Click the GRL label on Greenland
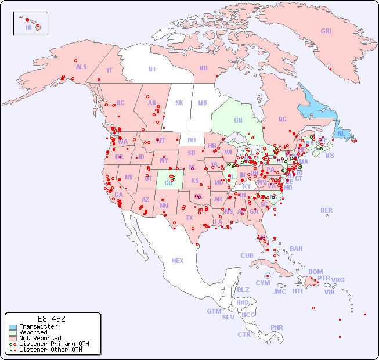coord(327,31)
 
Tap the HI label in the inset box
coord(28,27)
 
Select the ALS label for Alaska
coord(81,67)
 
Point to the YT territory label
coord(109,70)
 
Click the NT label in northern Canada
coord(152,69)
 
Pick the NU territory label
coord(203,68)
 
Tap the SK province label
coord(179,103)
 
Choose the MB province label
coord(203,103)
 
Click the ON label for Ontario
coord(238,121)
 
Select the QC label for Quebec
coord(282,119)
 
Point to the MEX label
coord(178,261)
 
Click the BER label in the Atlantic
coord(327,210)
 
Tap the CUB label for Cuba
coord(247,255)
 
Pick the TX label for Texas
coord(189,218)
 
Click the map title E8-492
coord(51,319)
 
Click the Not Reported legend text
coord(39,338)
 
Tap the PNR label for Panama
coord(277,327)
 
